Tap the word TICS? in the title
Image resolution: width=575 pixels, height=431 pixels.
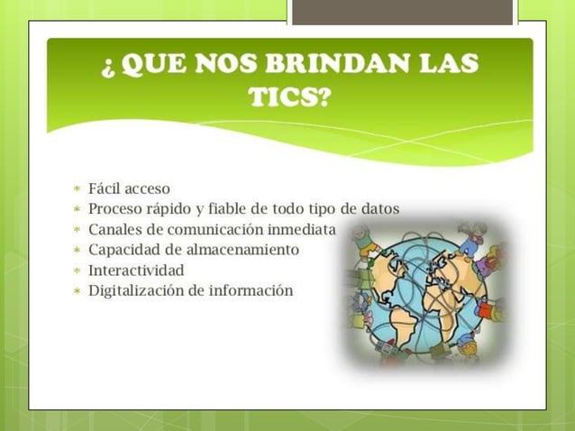coord(289,97)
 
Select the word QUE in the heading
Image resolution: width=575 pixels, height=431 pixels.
coord(158,65)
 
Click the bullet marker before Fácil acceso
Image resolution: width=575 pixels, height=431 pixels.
coord(78,189)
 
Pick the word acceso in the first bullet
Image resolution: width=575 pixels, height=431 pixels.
coord(147,188)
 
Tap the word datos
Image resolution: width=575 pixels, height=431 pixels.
coord(379,208)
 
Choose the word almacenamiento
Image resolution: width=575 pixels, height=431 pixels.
coord(243,250)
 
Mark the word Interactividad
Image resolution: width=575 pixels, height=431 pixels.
coord(136,270)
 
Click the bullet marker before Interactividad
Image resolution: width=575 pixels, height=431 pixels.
coord(78,271)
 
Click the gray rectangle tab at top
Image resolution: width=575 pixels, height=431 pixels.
coord(402,11)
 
